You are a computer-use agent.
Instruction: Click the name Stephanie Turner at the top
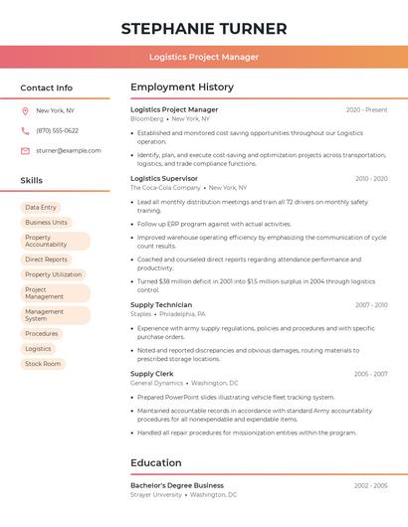pyautogui.click(x=204, y=29)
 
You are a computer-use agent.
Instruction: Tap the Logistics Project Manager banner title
pyautogui.click(x=204, y=57)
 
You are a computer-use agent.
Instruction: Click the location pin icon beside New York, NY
pyautogui.click(x=25, y=110)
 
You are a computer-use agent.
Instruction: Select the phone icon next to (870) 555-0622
pyautogui.click(x=25, y=130)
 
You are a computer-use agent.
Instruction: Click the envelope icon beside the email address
pyautogui.click(x=25, y=151)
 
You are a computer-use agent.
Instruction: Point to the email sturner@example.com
pyautogui.click(x=69, y=151)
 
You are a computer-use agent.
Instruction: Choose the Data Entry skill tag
pyautogui.click(x=41, y=208)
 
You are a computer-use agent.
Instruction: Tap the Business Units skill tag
pyautogui.click(x=46, y=223)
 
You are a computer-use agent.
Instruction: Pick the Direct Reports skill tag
pyautogui.click(x=46, y=260)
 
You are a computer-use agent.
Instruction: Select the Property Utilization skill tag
pyautogui.click(x=54, y=274)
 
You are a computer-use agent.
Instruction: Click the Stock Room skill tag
pyautogui.click(x=43, y=364)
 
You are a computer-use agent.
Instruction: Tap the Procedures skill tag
pyautogui.click(x=42, y=334)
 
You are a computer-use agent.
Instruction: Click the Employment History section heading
pyautogui.click(x=182, y=88)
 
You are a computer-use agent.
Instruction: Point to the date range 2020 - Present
pyautogui.click(x=366, y=110)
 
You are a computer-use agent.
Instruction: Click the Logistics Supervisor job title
pyautogui.click(x=164, y=179)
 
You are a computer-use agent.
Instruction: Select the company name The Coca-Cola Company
pyautogui.click(x=165, y=188)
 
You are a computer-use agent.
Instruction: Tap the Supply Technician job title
pyautogui.click(x=161, y=305)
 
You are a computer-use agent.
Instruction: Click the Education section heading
pyautogui.click(x=156, y=462)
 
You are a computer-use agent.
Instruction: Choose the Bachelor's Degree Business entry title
pyautogui.click(x=177, y=485)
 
